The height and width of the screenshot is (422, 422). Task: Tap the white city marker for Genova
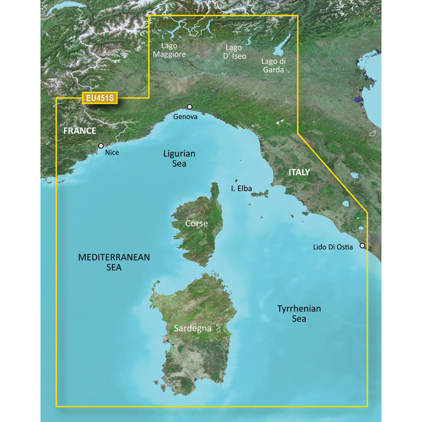click(x=189, y=107)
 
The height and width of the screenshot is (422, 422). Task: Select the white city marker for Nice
click(x=101, y=146)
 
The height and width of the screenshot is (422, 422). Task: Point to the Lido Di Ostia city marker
click(x=362, y=245)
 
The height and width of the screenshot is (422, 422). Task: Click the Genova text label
click(x=185, y=117)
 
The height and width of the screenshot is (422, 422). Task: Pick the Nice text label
click(x=112, y=152)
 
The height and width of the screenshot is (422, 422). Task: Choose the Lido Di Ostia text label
click(x=333, y=247)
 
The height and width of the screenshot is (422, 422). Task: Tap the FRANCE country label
click(x=80, y=131)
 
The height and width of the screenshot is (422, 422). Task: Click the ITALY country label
click(x=299, y=172)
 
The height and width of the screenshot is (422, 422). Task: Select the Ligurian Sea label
click(x=179, y=159)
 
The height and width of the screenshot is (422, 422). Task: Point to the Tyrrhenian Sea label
click(x=299, y=314)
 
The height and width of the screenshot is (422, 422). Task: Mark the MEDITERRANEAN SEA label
click(x=114, y=262)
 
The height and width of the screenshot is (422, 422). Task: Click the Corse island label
click(x=197, y=223)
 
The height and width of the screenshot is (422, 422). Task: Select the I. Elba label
click(x=241, y=189)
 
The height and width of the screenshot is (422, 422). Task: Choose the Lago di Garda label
click(x=273, y=66)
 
